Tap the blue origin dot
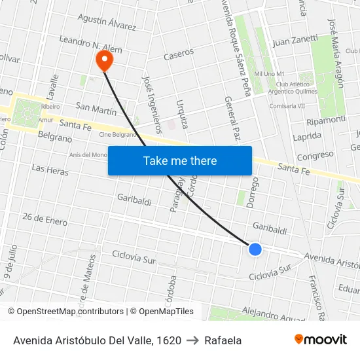tap(255, 249)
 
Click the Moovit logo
tap(321, 340)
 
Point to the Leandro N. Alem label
tap(90, 45)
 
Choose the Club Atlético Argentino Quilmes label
tap(302, 88)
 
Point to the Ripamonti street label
tap(325, 120)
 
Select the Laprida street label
tap(307, 135)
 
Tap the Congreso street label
tap(315, 156)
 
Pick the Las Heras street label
tap(50, 169)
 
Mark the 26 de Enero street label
tap(45, 218)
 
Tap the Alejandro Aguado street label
tap(274, 314)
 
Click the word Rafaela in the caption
tap(223, 340)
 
